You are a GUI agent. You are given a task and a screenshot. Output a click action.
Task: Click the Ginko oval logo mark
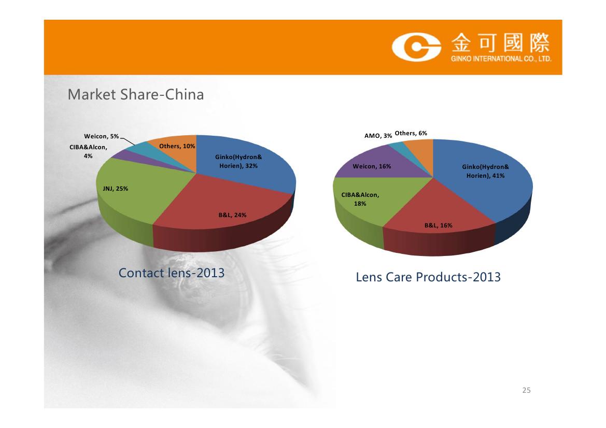point(417,47)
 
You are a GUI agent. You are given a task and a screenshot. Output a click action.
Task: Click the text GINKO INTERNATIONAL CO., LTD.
point(501,59)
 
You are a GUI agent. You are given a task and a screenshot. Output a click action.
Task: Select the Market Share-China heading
point(136,95)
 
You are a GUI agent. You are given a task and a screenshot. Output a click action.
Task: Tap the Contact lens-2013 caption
point(171,273)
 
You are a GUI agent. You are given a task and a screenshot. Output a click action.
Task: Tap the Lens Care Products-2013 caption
point(428,277)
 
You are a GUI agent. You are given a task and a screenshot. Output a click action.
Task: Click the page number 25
point(526,390)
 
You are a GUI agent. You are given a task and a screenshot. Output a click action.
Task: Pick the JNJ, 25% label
point(115,189)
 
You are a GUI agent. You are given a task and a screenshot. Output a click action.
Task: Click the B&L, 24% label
point(232,215)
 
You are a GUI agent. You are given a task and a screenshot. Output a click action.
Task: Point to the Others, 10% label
point(177,146)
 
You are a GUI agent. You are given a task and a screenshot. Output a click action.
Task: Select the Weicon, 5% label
point(101,136)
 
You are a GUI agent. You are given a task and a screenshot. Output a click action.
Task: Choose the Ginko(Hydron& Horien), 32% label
point(238,162)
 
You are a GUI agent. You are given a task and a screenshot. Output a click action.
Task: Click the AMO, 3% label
point(378,136)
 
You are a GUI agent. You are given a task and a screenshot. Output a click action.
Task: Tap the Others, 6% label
point(411,133)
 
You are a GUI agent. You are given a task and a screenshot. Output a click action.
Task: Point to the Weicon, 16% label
point(372,166)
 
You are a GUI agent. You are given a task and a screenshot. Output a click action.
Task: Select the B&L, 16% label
point(438,225)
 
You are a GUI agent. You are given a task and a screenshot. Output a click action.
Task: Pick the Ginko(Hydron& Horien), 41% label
point(485,171)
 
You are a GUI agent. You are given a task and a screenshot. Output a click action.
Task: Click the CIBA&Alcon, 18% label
point(360,199)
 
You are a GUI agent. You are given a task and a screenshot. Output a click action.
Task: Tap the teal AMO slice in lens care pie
point(399,148)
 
